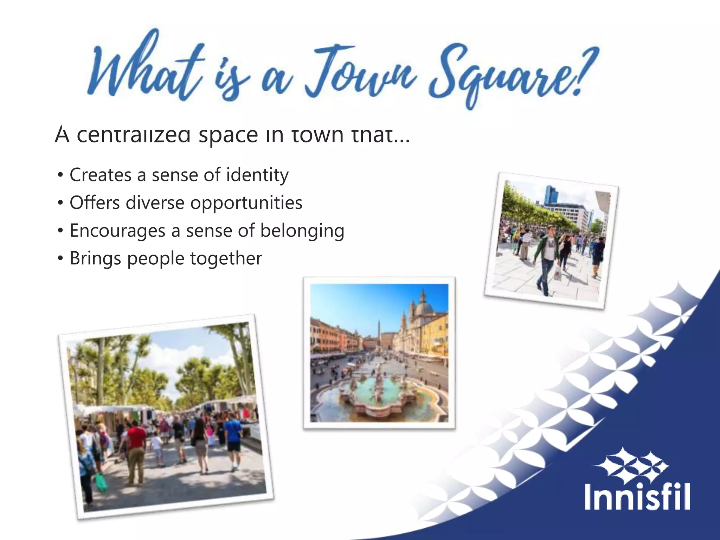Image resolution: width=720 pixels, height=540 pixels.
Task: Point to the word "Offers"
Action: coord(95,202)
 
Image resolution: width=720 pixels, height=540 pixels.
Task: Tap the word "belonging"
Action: coord(302,231)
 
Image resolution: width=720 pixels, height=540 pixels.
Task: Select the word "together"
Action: coord(226,259)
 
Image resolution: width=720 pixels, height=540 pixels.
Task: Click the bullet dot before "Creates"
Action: coord(60,175)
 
